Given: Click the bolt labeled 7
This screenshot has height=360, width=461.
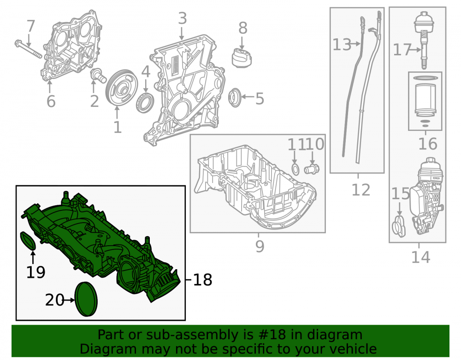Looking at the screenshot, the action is click(x=28, y=49).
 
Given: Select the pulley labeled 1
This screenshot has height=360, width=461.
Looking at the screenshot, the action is click(x=121, y=87).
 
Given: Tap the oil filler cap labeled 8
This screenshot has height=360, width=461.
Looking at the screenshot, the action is click(x=242, y=58).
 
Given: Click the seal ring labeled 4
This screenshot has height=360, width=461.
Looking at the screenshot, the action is click(x=145, y=103).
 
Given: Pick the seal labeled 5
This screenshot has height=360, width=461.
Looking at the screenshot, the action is click(x=235, y=97).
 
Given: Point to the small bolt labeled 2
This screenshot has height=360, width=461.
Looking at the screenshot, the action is click(x=98, y=75).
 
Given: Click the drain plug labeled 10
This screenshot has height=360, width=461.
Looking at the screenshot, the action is click(x=312, y=169).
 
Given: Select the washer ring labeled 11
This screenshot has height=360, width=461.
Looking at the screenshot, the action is click(x=295, y=170).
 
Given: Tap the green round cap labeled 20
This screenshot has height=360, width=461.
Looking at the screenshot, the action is click(x=86, y=299).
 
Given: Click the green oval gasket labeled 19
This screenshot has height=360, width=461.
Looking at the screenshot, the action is click(x=28, y=241).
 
